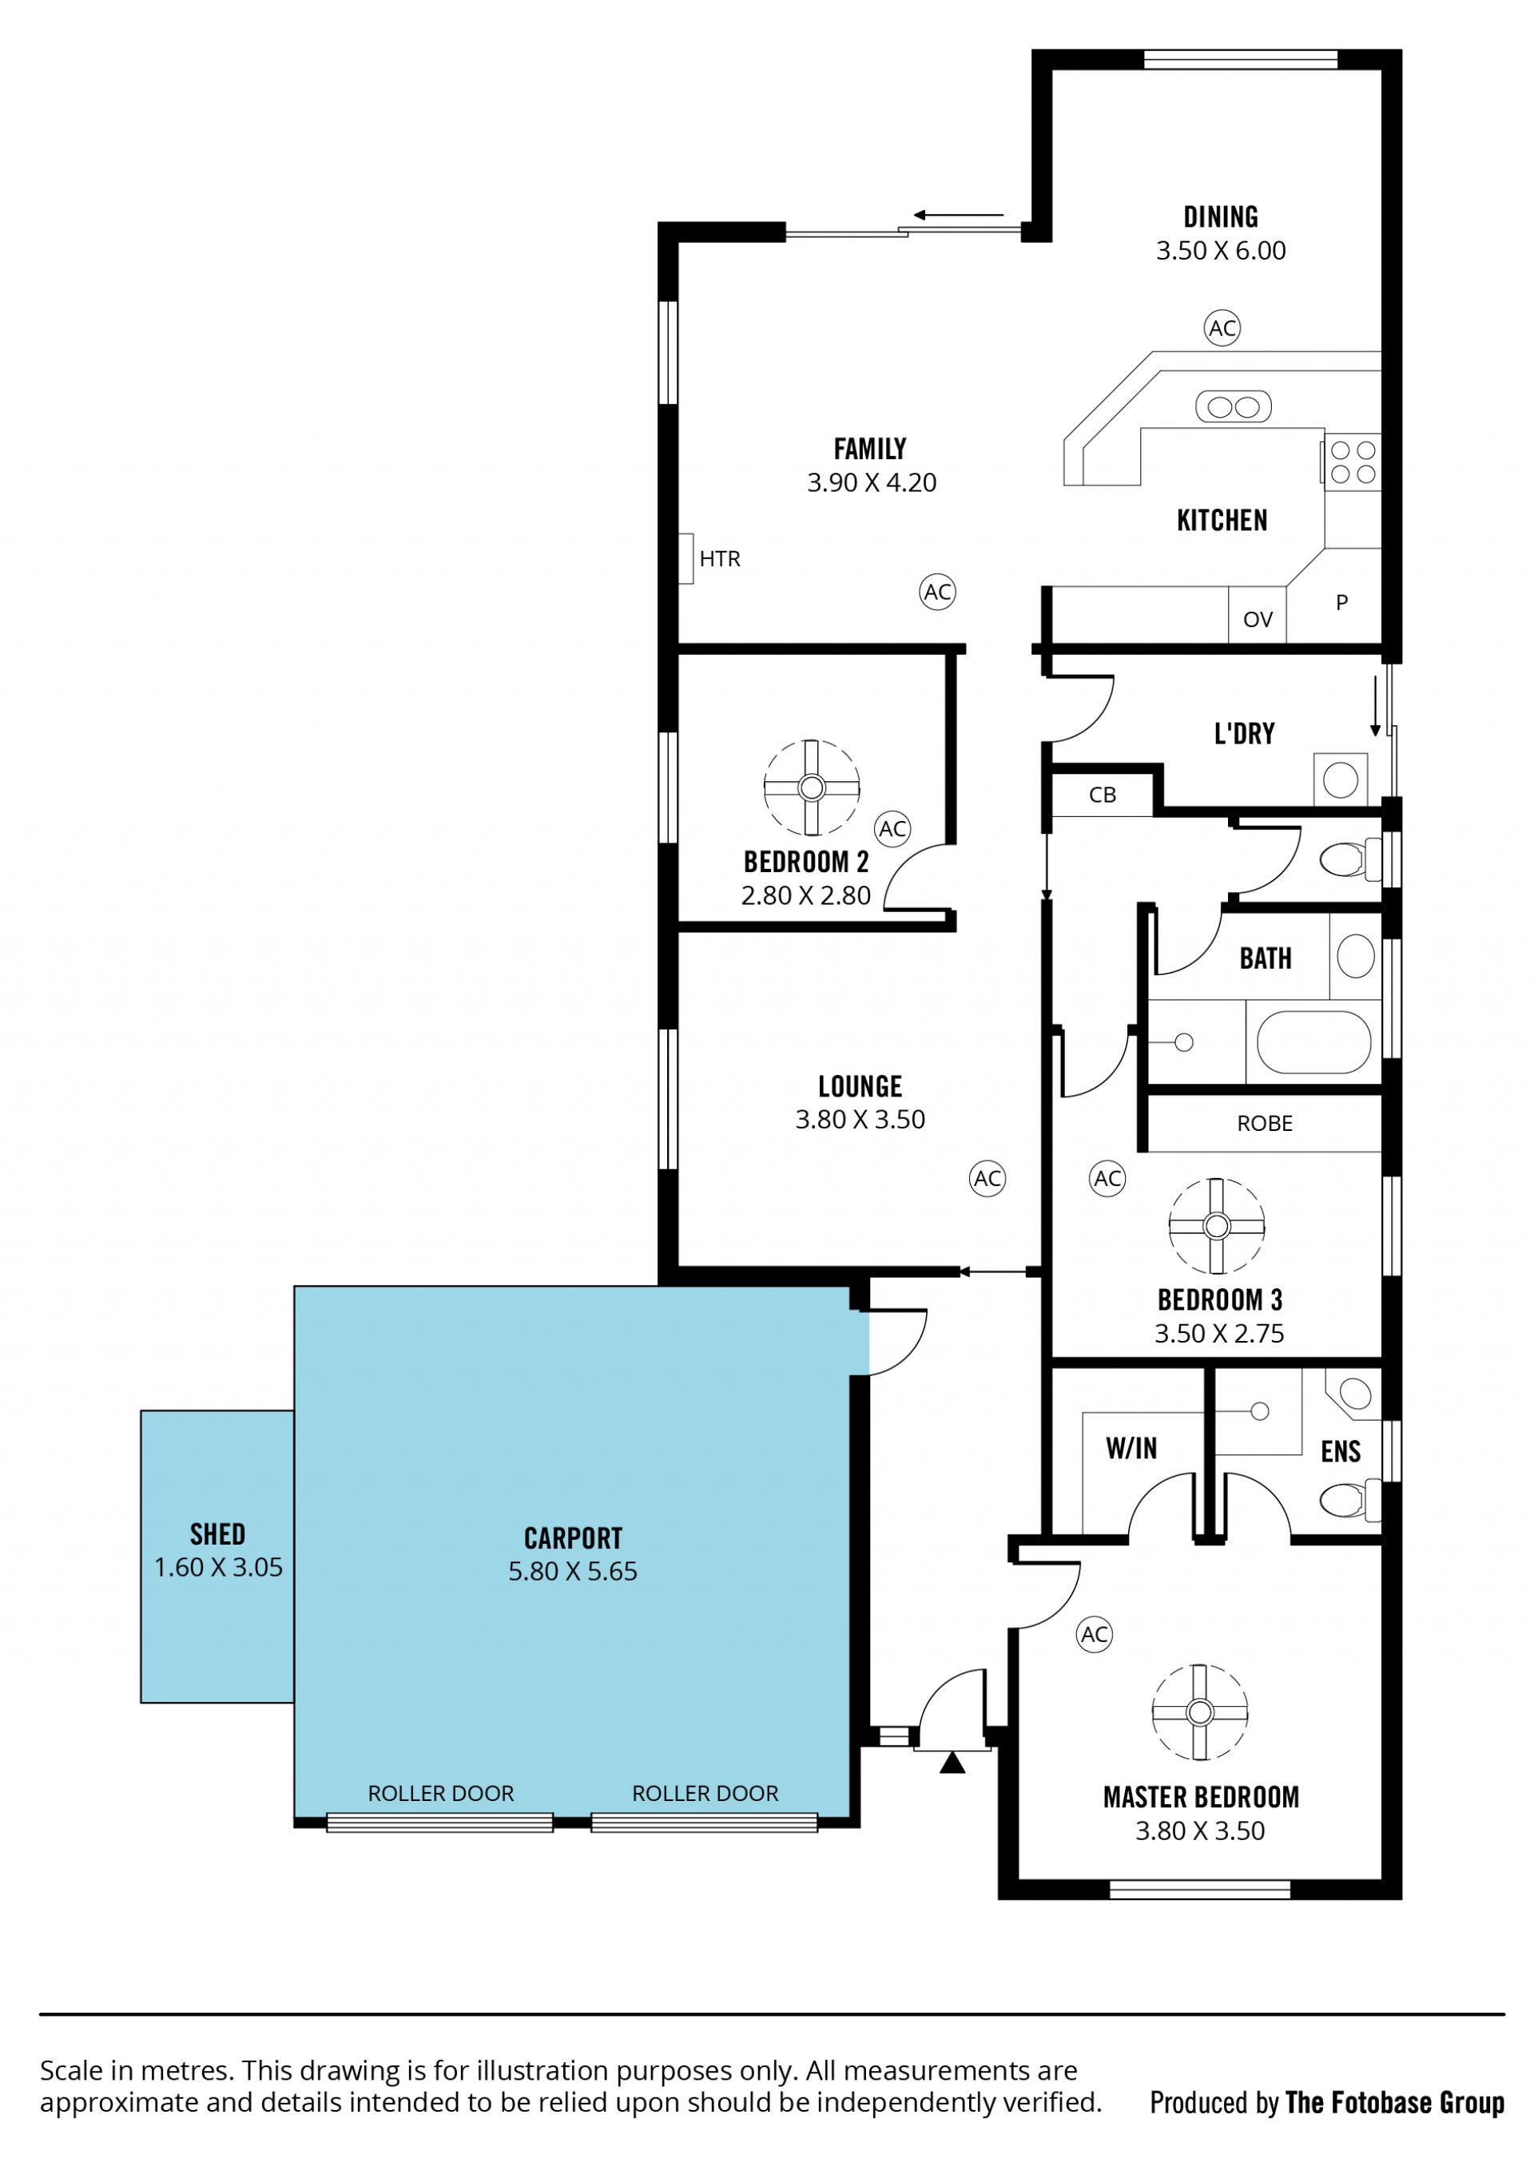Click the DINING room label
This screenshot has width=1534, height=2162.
coord(1220,217)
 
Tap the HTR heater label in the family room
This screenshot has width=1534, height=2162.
coord(720,559)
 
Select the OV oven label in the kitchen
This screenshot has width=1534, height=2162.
coord(1258,619)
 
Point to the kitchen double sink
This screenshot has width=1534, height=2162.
coord(1234,407)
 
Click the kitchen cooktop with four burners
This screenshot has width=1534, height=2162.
coord(1353,462)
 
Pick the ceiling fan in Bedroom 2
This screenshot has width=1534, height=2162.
coord(812,787)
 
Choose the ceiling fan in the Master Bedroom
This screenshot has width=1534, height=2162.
coord(1199,1712)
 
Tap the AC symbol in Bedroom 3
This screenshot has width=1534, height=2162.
coord(1107,1178)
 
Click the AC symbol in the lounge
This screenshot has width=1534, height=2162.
coord(987,1178)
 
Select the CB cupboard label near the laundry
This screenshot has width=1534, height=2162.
coord(1103,795)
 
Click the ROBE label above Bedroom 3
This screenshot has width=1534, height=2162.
coord(1265,1124)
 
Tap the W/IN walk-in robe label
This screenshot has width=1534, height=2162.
coord(1131,1448)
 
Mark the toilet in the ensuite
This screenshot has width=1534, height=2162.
coord(1349,1499)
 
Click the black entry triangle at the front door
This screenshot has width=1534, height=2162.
coord(952,1763)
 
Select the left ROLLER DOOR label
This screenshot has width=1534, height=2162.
coord(441,1793)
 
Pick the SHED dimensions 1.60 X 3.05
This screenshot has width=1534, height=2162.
coord(218,1567)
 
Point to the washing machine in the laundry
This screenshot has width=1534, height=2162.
coord(1341,779)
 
